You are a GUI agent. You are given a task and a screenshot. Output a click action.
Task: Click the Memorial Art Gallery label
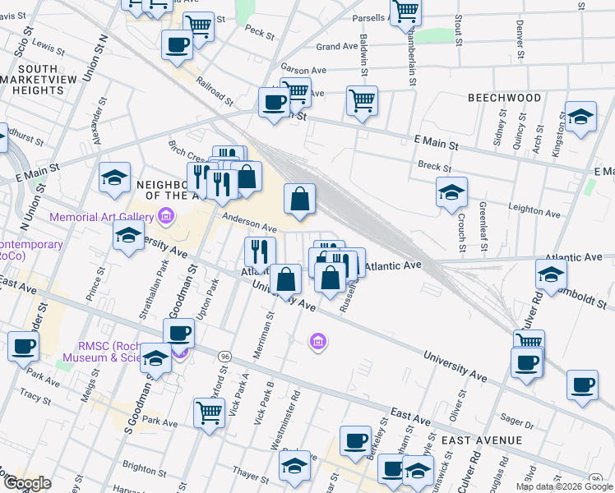click(101, 217)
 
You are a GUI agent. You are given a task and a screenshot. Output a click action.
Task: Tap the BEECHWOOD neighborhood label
click(504, 98)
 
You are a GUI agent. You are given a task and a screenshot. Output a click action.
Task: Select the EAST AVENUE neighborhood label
click(481, 440)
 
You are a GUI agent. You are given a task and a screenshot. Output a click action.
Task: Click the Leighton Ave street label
click(534, 213)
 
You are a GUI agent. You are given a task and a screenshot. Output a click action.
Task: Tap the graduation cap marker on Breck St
click(451, 192)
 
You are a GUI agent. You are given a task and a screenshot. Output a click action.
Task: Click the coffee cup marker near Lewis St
click(177, 44)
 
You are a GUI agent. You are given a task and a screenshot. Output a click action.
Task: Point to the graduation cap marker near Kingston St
click(580, 117)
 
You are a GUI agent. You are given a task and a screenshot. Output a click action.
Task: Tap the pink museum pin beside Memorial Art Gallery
click(165, 217)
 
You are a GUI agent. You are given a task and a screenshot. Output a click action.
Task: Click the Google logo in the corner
click(27, 483)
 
